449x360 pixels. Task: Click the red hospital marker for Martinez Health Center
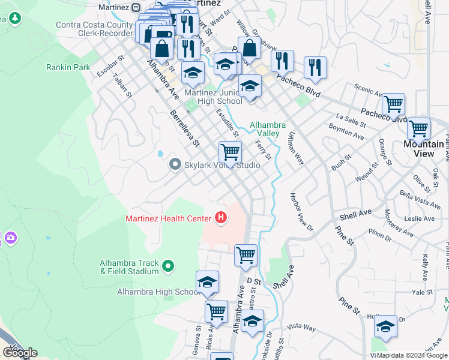(221, 218)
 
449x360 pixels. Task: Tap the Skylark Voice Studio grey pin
(175, 164)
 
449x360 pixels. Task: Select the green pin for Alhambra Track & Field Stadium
(168, 265)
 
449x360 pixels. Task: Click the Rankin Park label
(68, 67)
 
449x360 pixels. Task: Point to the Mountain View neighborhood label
(424, 149)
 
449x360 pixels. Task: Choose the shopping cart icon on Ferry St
(230, 152)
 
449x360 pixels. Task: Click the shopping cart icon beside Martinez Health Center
(246, 255)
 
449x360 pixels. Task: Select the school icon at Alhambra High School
(207, 282)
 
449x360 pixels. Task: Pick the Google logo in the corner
(20, 353)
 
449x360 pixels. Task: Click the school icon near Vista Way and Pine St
(385, 326)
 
